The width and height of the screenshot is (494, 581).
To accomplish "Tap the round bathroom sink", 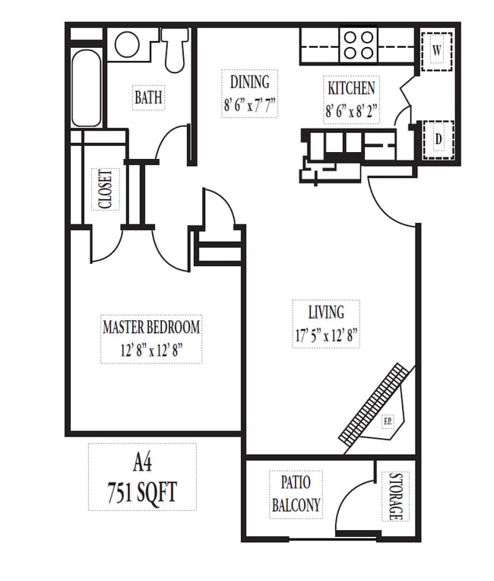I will pos(128,43).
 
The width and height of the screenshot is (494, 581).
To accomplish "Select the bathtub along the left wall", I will pos(87,88).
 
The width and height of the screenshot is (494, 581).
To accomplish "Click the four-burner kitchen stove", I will pos(359,44).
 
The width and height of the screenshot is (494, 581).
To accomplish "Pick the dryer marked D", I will pos(438,139).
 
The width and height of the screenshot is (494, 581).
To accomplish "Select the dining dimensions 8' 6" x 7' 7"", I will pos(250,105).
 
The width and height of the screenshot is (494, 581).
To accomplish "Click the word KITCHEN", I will pos(350,87).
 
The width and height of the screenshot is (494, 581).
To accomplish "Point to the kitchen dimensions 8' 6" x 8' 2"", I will pos(350,110).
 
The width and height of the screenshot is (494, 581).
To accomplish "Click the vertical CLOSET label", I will pos(105,189).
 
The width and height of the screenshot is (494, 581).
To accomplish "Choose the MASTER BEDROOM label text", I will pos(151,328).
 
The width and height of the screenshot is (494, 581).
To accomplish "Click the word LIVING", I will pos(325,312).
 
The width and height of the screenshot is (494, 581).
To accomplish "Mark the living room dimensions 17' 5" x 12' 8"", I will pos(325,335).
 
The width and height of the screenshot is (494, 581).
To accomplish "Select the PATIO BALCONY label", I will pos(296,493).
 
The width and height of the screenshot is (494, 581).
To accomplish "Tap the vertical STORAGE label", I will pos(394,497).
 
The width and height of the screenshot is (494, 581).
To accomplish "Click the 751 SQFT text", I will pos(142,492).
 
